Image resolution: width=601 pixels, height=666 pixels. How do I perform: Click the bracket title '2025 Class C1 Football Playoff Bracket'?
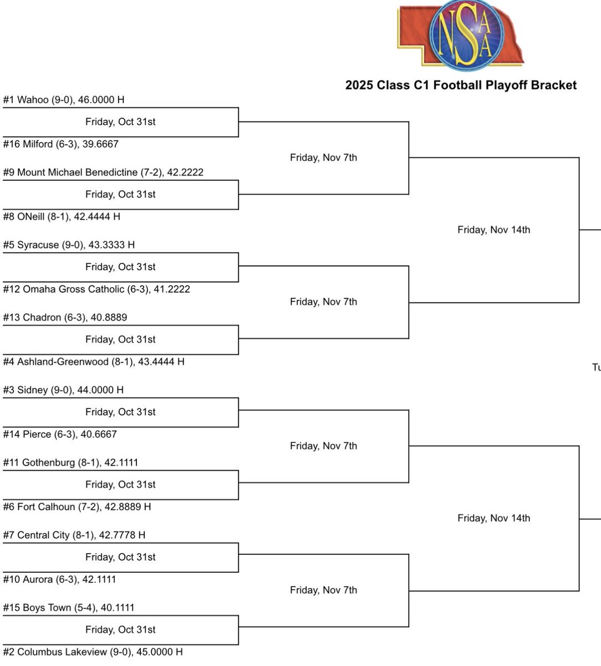point(461,85)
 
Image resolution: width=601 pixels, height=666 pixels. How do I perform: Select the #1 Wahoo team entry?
point(64,100)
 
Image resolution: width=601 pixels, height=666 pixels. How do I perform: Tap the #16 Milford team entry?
point(61,144)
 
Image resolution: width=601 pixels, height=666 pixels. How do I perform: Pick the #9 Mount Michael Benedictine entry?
point(103,173)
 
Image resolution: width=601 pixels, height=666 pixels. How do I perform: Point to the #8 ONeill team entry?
point(62,217)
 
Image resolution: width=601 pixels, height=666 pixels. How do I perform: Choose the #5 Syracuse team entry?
point(69,245)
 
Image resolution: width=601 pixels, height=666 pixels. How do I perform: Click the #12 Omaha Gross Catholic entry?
point(96,289)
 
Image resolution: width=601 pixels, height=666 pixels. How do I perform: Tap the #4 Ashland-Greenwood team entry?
point(94,362)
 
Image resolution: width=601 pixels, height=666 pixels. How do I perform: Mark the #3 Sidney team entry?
point(63,390)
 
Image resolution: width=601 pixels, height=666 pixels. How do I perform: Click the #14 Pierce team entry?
point(60,435)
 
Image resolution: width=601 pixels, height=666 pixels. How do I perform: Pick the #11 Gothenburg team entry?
point(70,462)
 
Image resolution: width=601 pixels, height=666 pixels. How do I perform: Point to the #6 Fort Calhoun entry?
point(77,507)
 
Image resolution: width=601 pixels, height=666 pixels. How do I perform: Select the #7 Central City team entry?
point(74,535)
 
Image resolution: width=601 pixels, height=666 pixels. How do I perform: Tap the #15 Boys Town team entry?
point(69,608)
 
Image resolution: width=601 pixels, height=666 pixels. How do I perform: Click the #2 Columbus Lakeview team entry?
point(93,652)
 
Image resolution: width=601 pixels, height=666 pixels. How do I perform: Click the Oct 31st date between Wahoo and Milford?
point(120,122)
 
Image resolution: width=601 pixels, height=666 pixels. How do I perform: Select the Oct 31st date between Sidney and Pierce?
point(120,412)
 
